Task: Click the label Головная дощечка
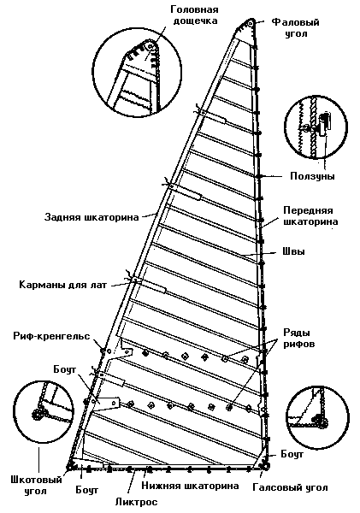coord(194,15)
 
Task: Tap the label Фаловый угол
coord(296,27)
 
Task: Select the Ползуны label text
coord(313,176)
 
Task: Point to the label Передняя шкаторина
coord(310,215)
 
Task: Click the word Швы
coord(293,251)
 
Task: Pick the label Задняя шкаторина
coord(91,217)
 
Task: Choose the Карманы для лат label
coord(62,285)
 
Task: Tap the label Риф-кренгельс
coord(51,336)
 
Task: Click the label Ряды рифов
coord(298,338)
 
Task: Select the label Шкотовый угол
coord(36,485)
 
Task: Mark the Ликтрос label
coord(137,502)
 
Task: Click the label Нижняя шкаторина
coord(190,486)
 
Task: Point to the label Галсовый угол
coord(290,488)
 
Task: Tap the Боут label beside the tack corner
coord(292,454)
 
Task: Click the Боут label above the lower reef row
coord(65,369)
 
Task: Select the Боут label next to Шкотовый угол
coord(86,490)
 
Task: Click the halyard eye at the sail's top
coord(251,23)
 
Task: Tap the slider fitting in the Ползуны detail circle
coord(324,123)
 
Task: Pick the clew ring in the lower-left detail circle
coord(37,414)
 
